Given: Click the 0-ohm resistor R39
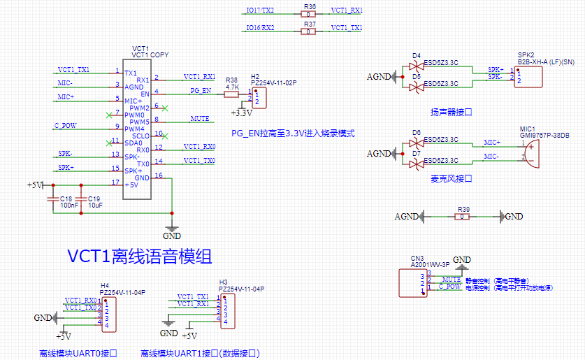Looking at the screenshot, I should pyautogui.click(x=462, y=217).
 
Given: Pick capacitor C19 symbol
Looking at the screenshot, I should pyautogui.click(x=81, y=200).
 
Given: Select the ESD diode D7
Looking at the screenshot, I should pyautogui.click(x=417, y=164).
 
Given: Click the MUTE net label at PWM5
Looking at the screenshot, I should pyautogui.click(x=200, y=120).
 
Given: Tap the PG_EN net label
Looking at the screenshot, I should pyautogui.click(x=200, y=91).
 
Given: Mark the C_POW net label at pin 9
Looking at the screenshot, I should pyautogui.click(x=65, y=126).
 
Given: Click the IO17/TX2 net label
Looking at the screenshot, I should pyautogui.click(x=260, y=10).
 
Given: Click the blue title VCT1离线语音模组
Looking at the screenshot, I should pyautogui.click(x=140, y=257).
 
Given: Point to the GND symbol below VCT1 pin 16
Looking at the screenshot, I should pyautogui.click(x=172, y=227).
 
